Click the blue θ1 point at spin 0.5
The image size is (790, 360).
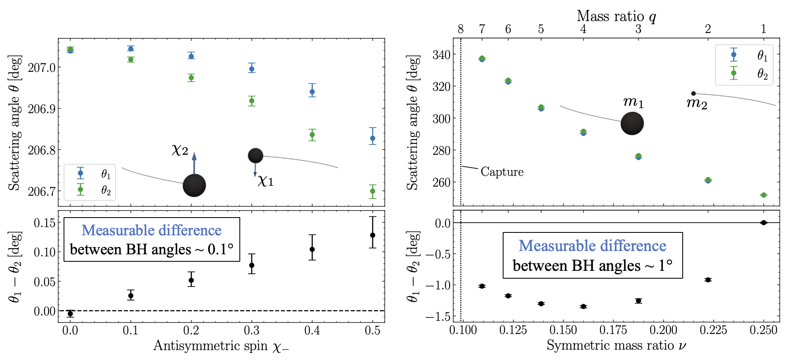point(373,138)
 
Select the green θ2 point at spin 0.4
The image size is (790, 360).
point(312,135)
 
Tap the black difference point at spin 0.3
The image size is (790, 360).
point(252,265)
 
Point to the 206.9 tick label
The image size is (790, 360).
point(41,109)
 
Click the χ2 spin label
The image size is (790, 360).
point(180,150)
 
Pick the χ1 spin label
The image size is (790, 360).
point(265,181)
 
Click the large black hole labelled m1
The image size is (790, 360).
point(632,123)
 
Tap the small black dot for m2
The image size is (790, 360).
point(693,93)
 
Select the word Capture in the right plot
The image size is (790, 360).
point(502,172)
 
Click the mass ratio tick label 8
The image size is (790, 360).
point(461,29)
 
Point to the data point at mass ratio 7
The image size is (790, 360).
point(482,59)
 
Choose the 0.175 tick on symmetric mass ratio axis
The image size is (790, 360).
point(613,330)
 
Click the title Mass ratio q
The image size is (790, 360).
point(616,16)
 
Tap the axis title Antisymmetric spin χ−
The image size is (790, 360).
point(221,346)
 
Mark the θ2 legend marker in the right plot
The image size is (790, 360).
point(733,73)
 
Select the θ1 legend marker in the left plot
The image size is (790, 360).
point(80,173)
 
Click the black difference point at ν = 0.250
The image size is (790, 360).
point(764,223)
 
